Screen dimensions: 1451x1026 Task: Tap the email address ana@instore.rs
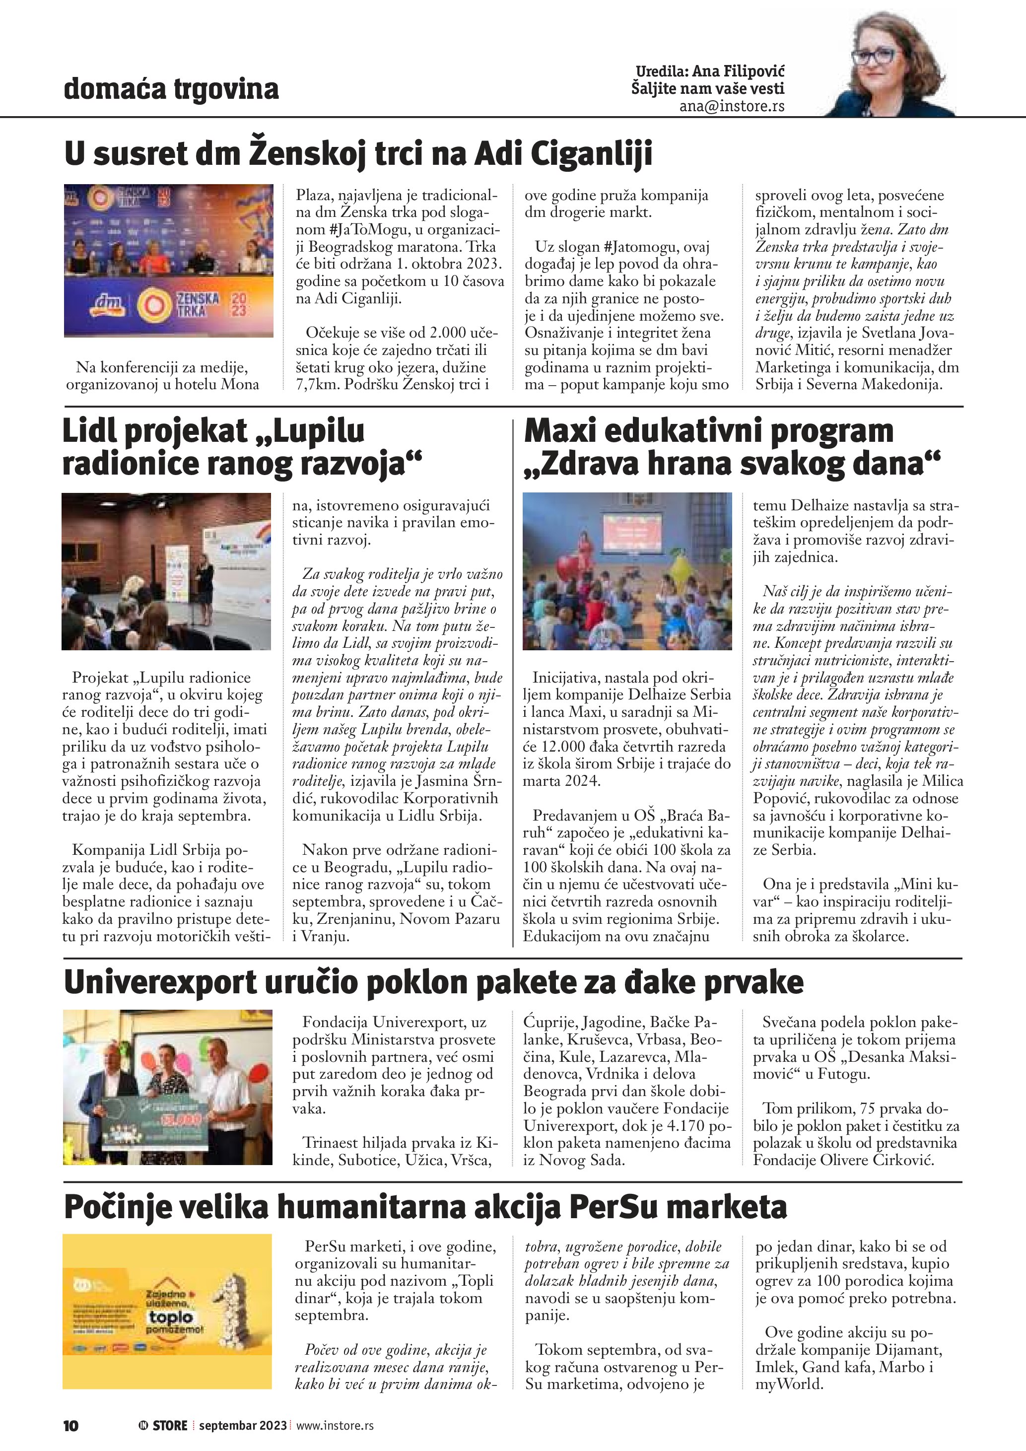pyautogui.click(x=732, y=107)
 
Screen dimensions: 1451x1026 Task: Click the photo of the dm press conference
pyautogui.click(x=169, y=261)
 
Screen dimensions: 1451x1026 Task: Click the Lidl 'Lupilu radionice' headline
pyautogui.click(x=242, y=447)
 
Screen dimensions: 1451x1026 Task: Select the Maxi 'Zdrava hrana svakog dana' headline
pyautogui.click(x=732, y=447)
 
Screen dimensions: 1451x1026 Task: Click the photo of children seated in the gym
pyautogui.click(x=627, y=571)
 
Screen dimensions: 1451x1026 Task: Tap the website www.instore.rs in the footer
pyautogui.click(x=335, y=1426)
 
